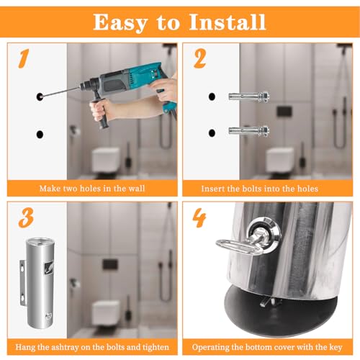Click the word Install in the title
228,22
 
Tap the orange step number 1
24,58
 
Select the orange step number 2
199,59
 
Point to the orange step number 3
26,217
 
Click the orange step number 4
199,217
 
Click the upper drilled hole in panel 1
40,96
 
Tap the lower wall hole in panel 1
40,135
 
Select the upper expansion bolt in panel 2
248,96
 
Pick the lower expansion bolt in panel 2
248,131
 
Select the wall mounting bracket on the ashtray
22,283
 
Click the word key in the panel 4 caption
336,348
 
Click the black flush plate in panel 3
110,264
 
